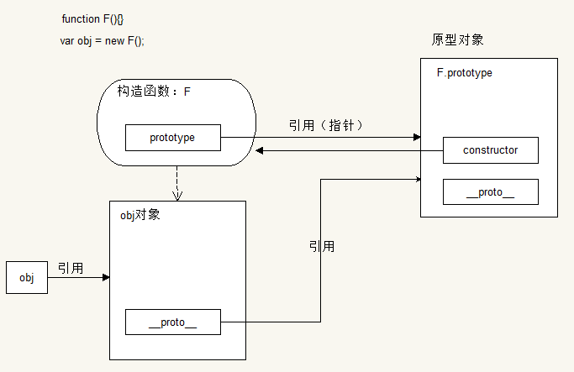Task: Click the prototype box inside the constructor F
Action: [172, 138]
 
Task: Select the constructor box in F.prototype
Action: [490, 150]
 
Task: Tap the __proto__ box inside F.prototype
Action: [490, 192]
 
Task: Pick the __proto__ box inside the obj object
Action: [172, 322]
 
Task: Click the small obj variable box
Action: [26, 278]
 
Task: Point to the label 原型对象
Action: [457, 39]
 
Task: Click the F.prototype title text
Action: [465, 73]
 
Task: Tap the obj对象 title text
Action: [140, 215]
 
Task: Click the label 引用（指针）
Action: [325, 125]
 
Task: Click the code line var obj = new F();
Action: [102, 41]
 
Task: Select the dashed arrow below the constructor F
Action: [176, 183]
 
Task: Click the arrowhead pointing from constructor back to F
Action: [260, 150]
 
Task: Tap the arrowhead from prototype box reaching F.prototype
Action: [415, 137]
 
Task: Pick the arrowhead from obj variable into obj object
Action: [106, 277]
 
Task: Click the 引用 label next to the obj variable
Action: [71, 268]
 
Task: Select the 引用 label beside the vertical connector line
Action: [321, 246]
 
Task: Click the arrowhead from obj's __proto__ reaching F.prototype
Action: [417, 178]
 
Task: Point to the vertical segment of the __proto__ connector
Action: [321, 252]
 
